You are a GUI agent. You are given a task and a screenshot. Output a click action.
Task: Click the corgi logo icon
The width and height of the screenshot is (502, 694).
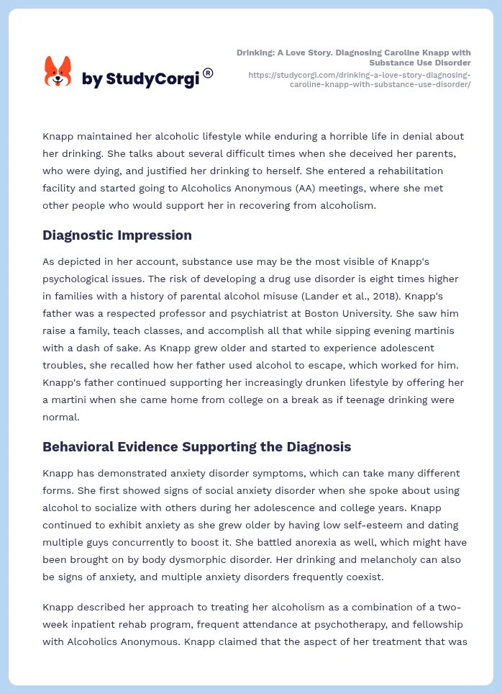pos(58,72)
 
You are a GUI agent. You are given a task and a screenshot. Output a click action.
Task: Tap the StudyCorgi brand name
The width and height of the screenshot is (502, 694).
pos(140,79)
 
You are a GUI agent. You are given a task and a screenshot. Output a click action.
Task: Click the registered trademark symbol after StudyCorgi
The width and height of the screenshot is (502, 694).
pos(208,72)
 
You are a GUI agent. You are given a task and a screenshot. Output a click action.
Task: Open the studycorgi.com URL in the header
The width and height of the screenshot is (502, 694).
pos(360,79)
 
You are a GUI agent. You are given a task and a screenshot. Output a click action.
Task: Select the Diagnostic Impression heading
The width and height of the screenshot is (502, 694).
pos(117,235)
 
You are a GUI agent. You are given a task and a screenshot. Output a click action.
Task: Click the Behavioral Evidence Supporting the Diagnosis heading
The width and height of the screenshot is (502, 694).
pos(196,447)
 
